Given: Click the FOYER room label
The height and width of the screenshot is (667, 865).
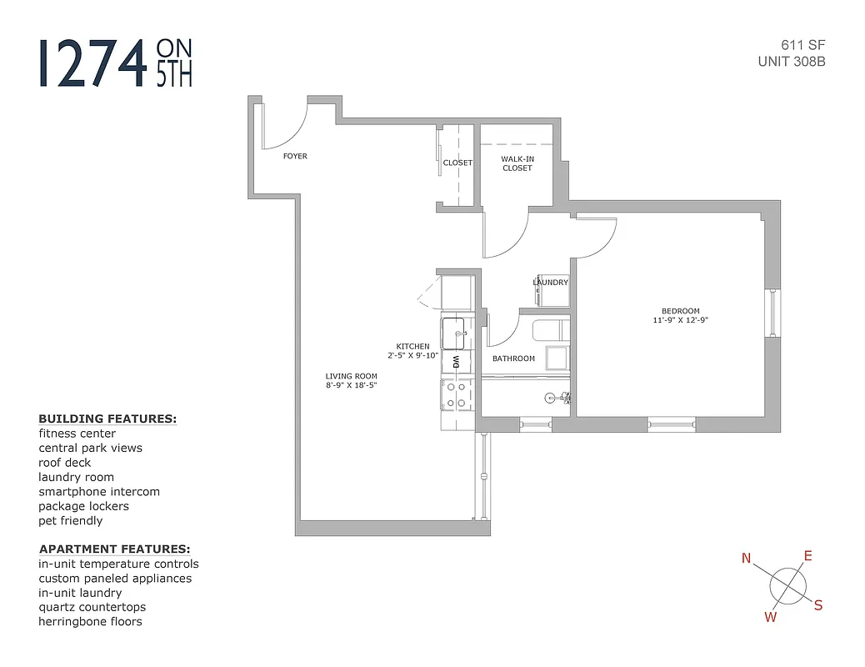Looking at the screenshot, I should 295,156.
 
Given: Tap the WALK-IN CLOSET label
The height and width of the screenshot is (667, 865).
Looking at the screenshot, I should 517,163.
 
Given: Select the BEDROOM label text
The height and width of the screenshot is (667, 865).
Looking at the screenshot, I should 681,311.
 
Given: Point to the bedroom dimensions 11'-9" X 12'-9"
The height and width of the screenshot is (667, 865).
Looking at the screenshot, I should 681,320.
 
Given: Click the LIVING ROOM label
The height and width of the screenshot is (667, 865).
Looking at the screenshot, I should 351,376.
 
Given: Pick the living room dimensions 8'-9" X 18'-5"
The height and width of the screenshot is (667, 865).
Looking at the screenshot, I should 351,385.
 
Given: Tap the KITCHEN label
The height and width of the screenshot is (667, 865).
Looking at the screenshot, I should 412,346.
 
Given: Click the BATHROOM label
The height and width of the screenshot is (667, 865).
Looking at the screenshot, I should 513,359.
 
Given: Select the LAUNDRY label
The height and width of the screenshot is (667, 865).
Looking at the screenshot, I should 550,283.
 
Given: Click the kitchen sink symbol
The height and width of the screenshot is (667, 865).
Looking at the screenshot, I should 454,333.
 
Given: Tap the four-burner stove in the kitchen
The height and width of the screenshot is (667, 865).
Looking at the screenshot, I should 456,394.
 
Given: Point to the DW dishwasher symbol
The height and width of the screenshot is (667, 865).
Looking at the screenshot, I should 456,363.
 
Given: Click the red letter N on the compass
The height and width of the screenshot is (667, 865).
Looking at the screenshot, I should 747,559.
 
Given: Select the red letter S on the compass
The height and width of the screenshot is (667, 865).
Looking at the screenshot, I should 817,606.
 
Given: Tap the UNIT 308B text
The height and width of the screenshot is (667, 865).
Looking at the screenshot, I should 791,61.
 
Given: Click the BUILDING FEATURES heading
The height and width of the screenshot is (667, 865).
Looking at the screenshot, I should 107,419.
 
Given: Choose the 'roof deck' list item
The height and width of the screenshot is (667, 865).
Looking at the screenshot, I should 65,463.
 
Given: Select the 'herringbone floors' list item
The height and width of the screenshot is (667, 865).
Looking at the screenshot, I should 90,621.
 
